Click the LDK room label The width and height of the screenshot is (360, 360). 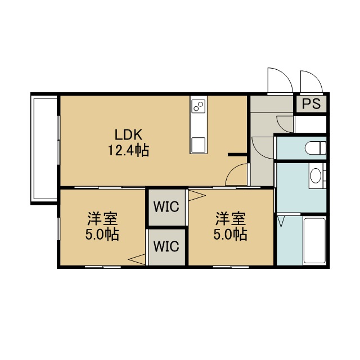click(x=128, y=135)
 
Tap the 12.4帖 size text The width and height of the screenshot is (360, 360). click(x=128, y=151)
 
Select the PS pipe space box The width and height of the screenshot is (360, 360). click(x=311, y=103)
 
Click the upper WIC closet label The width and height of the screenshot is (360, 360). click(x=166, y=206)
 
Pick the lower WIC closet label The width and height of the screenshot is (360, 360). click(x=166, y=246)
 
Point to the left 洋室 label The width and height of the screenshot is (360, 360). click(x=102, y=219)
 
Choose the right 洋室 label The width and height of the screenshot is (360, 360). click(x=231, y=219)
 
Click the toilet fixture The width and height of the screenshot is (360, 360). click(x=316, y=148)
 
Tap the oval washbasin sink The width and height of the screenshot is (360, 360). click(x=316, y=175)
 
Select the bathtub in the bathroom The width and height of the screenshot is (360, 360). click(x=314, y=240)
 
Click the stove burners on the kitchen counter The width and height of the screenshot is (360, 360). click(x=199, y=106)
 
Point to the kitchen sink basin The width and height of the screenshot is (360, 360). click(x=199, y=145)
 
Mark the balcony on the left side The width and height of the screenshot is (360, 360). click(x=44, y=148)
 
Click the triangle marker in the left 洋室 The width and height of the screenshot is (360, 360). click(x=137, y=259)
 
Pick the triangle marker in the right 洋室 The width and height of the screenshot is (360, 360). click(x=197, y=196)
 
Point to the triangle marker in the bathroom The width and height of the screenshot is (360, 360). click(x=281, y=222)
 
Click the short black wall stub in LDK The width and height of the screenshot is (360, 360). click(x=237, y=155)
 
